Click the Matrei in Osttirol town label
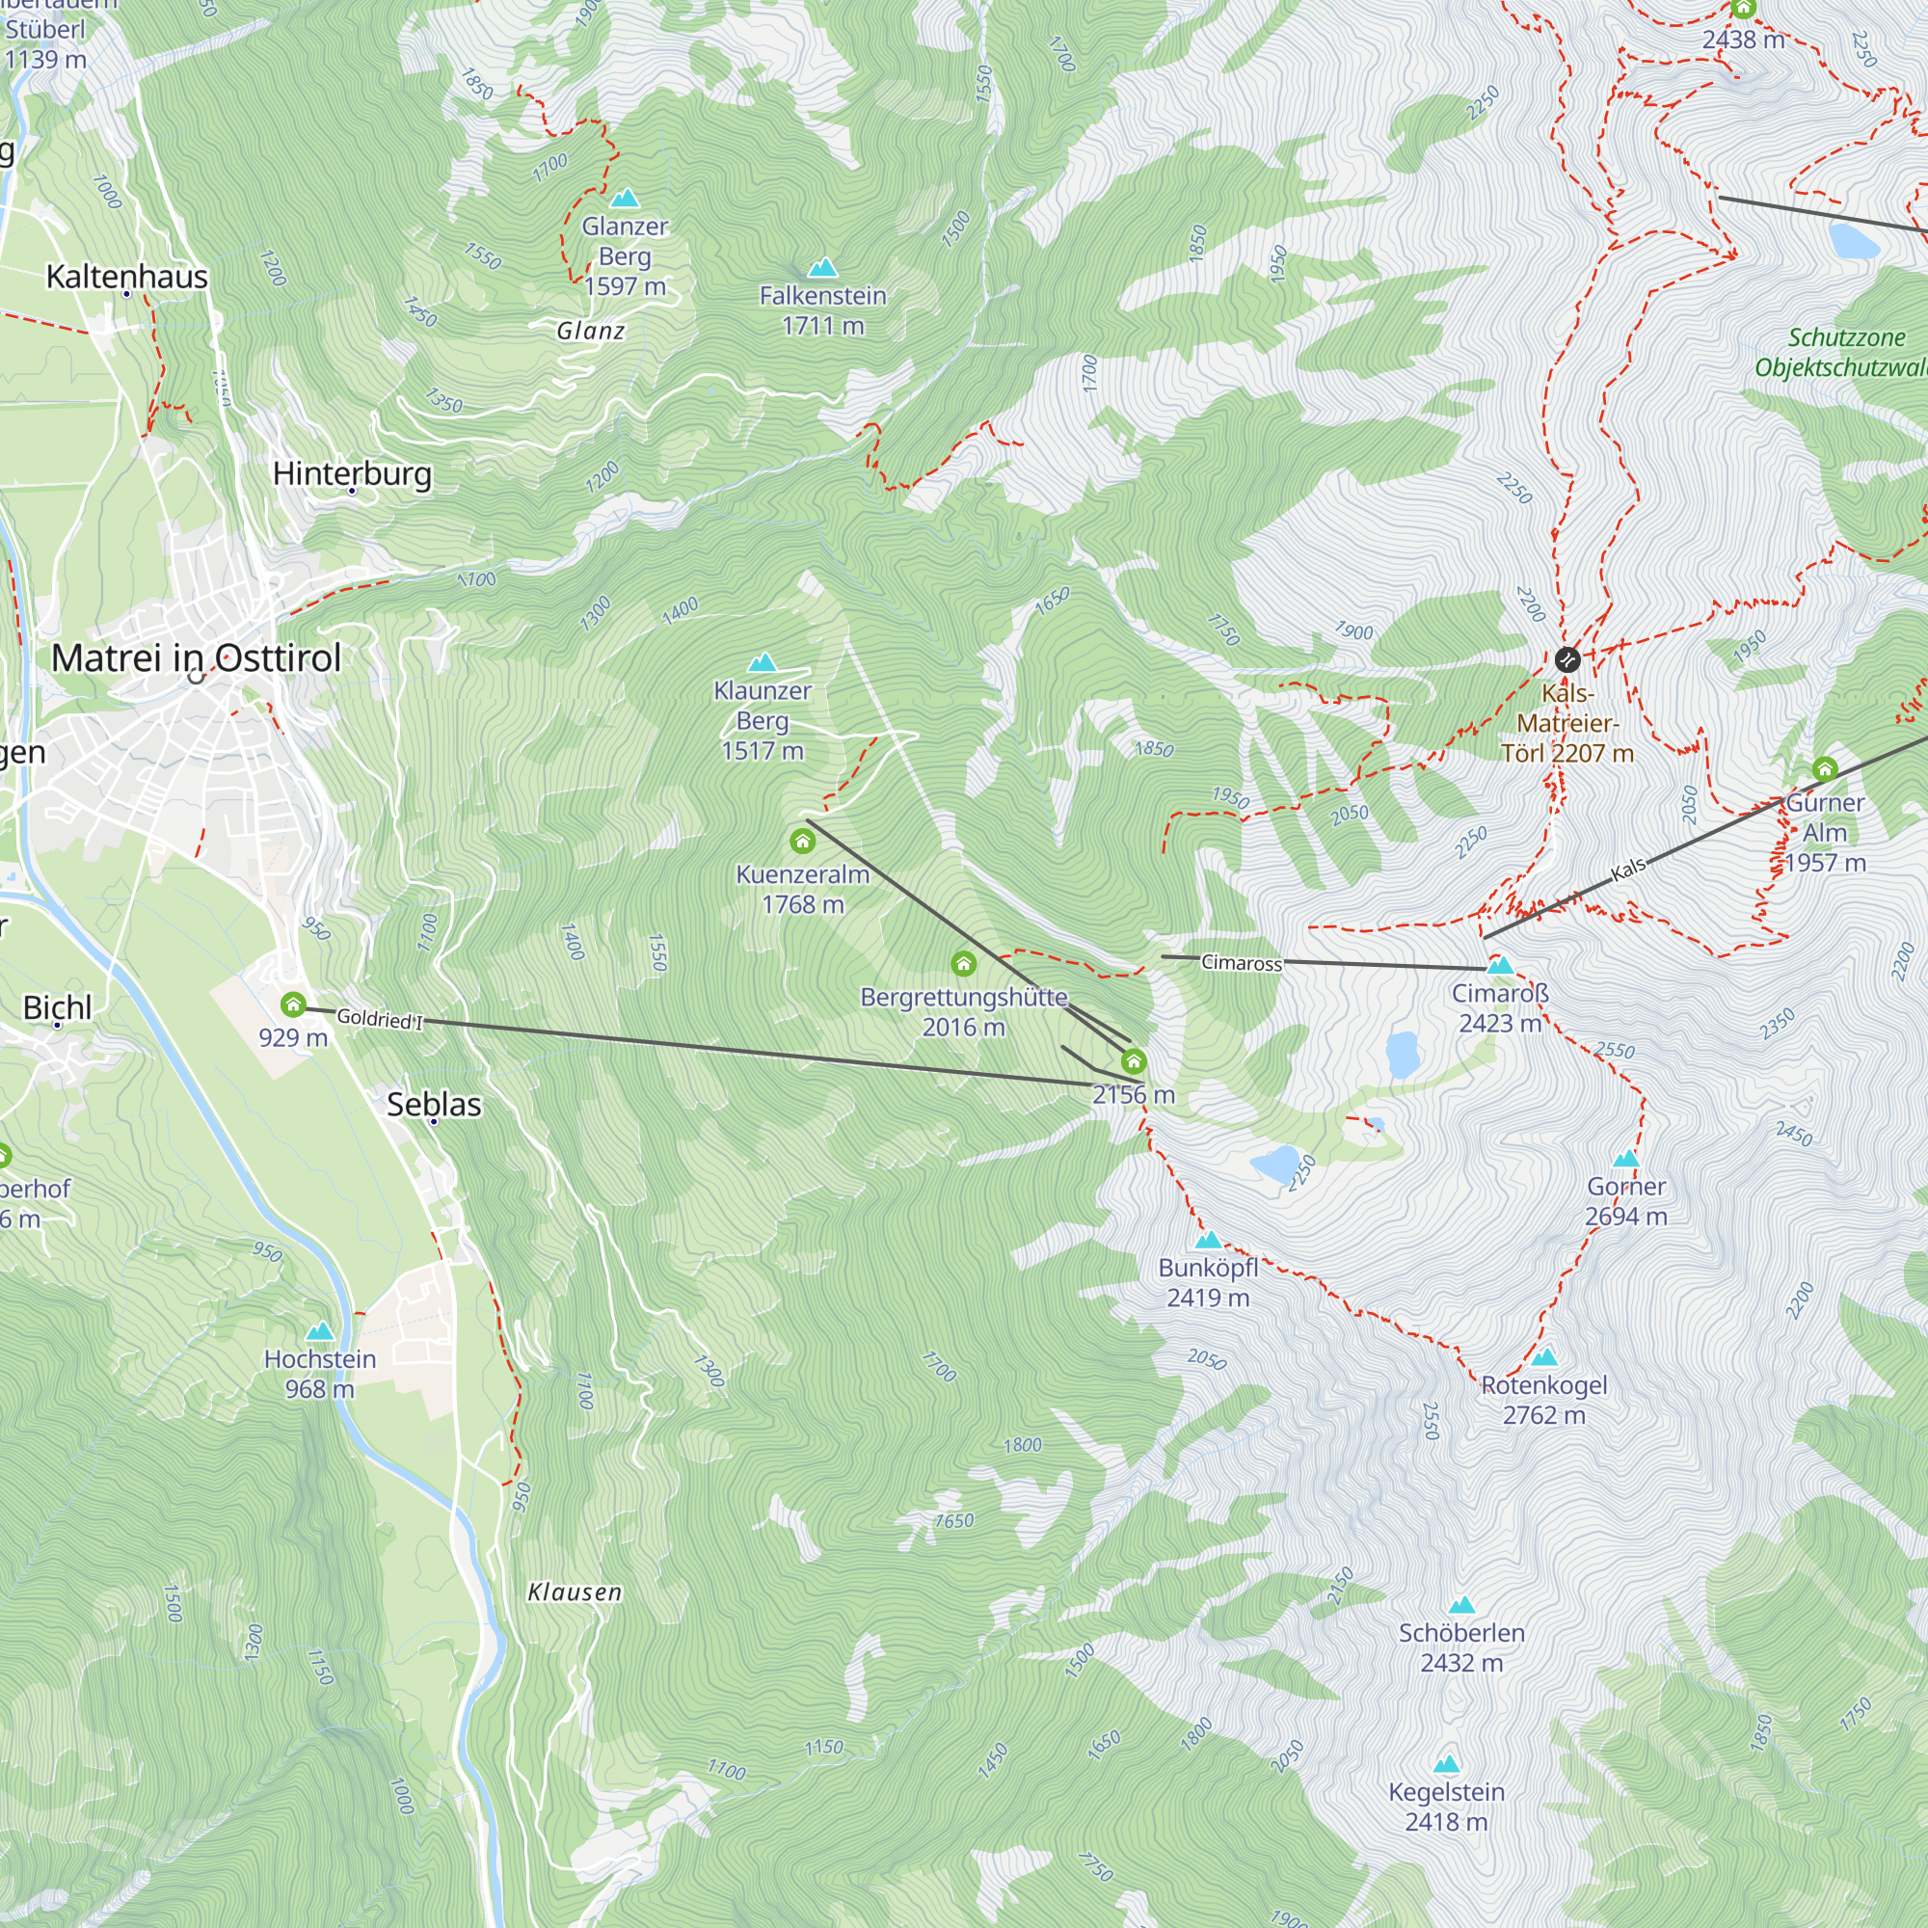point(196,658)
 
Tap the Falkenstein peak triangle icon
point(822,267)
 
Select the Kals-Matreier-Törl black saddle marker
point(1566,658)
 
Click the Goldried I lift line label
point(379,1019)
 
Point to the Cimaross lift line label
point(1241,963)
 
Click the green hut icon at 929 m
point(292,1004)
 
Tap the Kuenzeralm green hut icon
point(802,842)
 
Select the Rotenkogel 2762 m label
point(1543,1399)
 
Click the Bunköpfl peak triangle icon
point(1208,1241)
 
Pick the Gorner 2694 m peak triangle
point(1625,1159)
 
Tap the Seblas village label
point(433,1105)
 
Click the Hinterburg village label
point(352,473)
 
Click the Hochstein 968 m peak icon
point(319,1331)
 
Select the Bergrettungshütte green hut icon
point(963,964)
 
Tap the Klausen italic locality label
point(575,1592)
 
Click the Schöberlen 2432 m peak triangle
point(1461,1605)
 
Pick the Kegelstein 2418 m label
point(1446,1807)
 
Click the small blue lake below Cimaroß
point(1402,1054)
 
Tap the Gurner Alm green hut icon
point(1824,769)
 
